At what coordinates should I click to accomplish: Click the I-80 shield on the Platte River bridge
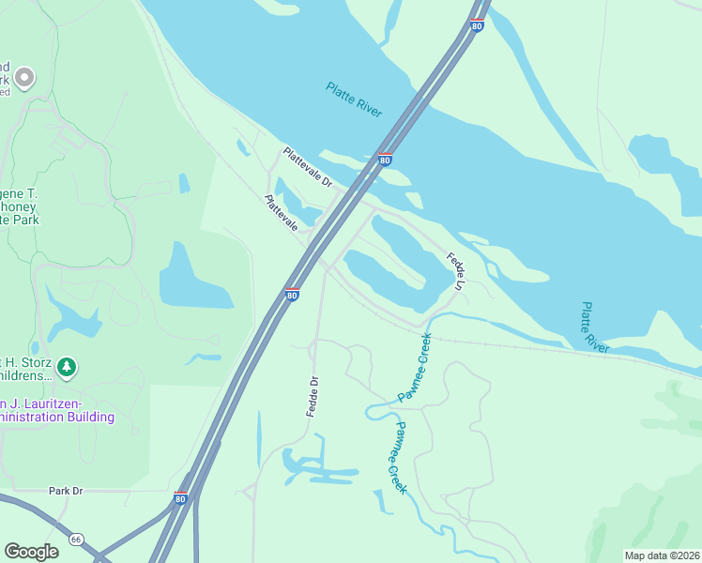coord(385,160)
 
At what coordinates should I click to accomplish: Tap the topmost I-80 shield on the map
coord(477,24)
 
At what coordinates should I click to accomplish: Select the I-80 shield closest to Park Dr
coord(180,497)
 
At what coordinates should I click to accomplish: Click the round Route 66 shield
coord(76,540)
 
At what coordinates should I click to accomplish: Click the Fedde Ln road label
coord(456,271)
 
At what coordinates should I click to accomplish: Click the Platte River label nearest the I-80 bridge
coord(354,99)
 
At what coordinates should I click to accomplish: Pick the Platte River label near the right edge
coord(595,327)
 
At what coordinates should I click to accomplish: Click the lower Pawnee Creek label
coord(400,458)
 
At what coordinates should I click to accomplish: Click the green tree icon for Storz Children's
coord(66,366)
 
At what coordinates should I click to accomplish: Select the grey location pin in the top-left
coord(24,77)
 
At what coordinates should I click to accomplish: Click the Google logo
coord(31,552)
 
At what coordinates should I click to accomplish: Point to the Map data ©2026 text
coord(662,555)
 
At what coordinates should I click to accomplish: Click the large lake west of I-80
coord(194,278)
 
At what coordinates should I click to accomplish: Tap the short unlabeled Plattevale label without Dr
coord(282,213)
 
